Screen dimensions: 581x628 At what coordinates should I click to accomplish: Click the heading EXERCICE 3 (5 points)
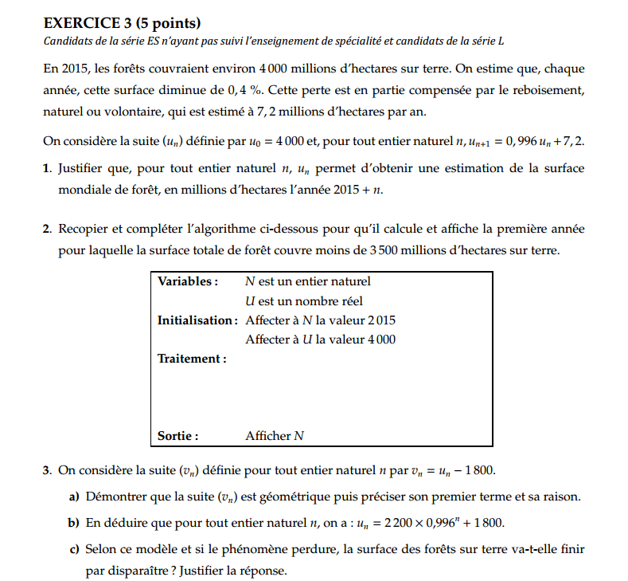tap(123, 22)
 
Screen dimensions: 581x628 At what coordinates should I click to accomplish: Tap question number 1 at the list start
tap(48, 168)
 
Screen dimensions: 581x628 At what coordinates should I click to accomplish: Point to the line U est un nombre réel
tap(304, 300)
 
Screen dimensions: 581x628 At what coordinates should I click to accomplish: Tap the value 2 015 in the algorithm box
tap(380, 320)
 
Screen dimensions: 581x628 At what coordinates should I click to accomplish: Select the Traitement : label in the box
tap(192, 359)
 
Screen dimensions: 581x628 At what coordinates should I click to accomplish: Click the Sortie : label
tap(177, 436)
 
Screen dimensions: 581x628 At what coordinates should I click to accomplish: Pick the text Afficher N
tap(275, 436)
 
